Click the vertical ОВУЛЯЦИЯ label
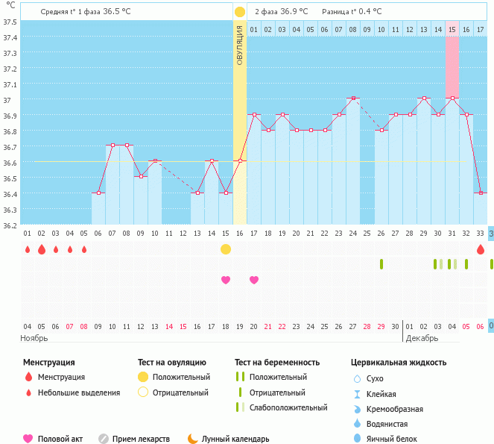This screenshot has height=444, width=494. click(240, 44)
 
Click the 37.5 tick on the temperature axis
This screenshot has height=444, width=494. click(10, 22)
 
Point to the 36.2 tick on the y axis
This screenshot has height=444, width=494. click(10, 225)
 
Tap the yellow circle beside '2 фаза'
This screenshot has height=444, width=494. click(240, 12)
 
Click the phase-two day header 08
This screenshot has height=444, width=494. click(353, 29)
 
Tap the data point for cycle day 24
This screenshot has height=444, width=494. click(353, 98)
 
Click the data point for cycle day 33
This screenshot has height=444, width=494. click(481, 193)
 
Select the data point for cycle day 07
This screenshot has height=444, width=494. click(112, 146)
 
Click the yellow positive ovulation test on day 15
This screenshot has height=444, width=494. click(226, 248)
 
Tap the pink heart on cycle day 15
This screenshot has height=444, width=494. click(226, 280)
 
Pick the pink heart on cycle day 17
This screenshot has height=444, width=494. click(254, 280)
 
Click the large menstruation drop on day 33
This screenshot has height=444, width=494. click(481, 249)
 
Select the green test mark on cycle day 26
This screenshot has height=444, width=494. click(381, 263)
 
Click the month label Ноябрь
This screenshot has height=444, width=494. click(34, 338)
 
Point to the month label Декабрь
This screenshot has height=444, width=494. click(422, 338)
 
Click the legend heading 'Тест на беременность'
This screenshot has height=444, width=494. click(276, 363)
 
